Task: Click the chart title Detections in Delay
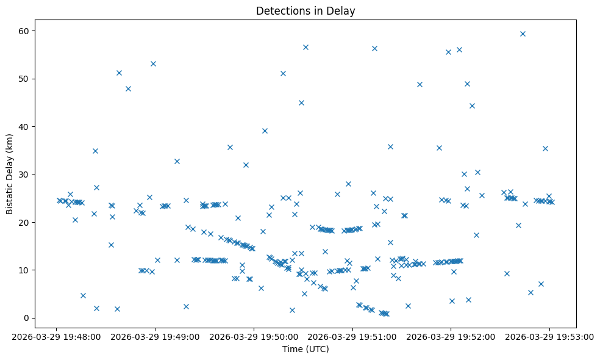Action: (305, 11)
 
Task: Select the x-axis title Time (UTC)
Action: (305, 349)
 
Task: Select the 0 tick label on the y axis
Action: (29, 318)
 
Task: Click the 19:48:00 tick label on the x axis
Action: (56, 336)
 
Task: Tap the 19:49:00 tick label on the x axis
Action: (155, 336)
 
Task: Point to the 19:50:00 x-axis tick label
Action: (254, 336)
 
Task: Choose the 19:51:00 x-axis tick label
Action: (352, 336)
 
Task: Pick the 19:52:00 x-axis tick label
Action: (451, 336)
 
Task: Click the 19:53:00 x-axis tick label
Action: (549, 336)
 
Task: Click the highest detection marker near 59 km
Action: (523, 34)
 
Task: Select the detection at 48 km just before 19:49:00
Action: (128, 88)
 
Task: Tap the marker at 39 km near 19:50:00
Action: (265, 131)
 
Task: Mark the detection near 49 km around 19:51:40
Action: (420, 84)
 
